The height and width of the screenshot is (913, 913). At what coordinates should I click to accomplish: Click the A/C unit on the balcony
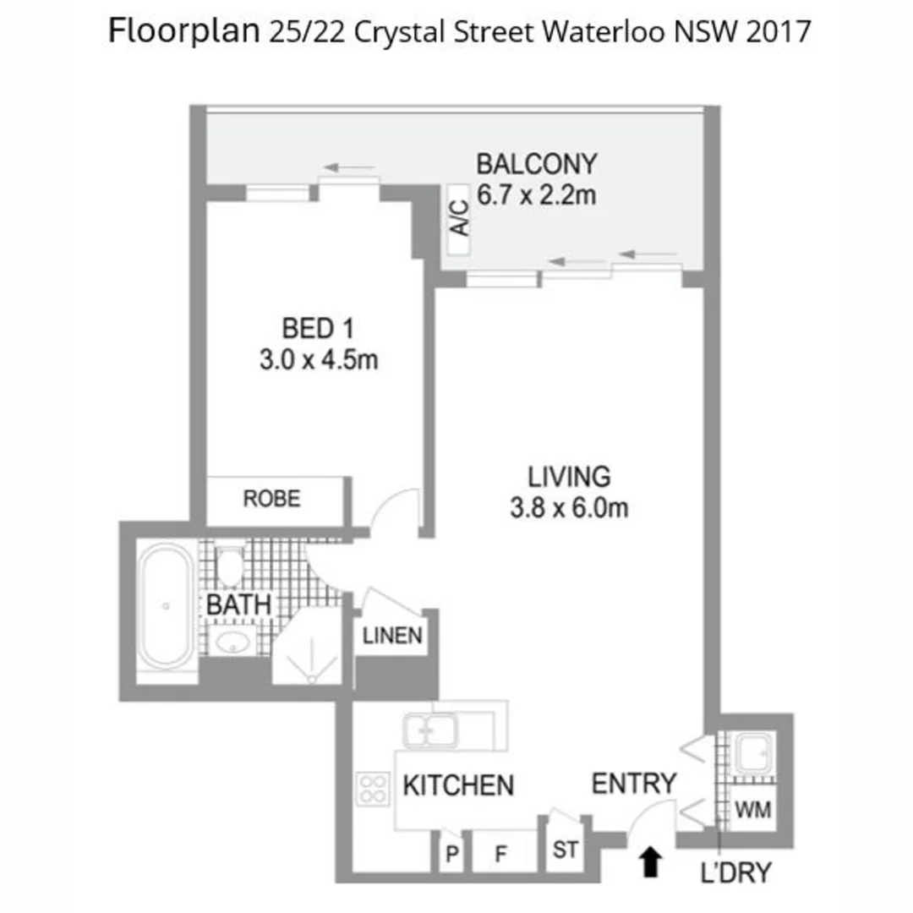click(x=459, y=220)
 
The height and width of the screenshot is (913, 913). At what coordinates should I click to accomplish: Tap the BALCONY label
click(x=536, y=162)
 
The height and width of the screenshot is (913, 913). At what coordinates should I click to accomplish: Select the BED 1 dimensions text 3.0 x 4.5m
click(x=318, y=360)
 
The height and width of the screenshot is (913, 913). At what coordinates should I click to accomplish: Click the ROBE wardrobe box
click(x=272, y=500)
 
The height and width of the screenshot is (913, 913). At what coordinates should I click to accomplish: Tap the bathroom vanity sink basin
click(x=231, y=642)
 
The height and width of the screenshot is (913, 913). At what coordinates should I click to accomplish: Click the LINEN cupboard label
click(x=391, y=636)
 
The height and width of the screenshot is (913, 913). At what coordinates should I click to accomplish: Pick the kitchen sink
click(x=429, y=729)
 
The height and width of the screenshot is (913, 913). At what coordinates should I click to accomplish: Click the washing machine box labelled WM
click(x=752, y=810)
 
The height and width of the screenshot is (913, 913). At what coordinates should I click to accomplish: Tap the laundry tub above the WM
click(x=752, y=753)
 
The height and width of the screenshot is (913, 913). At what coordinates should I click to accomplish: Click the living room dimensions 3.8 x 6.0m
click(x=569, y=508)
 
